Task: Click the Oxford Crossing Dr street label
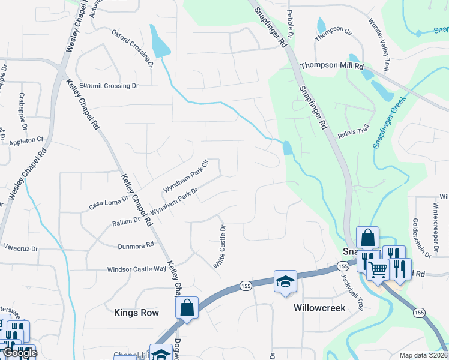(133, 46)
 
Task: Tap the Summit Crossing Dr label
(109, 86)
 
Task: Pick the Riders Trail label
(354, 132)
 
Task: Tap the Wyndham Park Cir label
(185, 176)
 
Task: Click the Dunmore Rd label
(136, 245)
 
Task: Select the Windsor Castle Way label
(136, 269)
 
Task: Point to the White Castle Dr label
(219, 247)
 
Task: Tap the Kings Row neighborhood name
(136, 313)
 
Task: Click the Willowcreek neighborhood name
(318, 308)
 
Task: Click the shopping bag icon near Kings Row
(187, 308)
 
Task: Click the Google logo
(19, 353)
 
